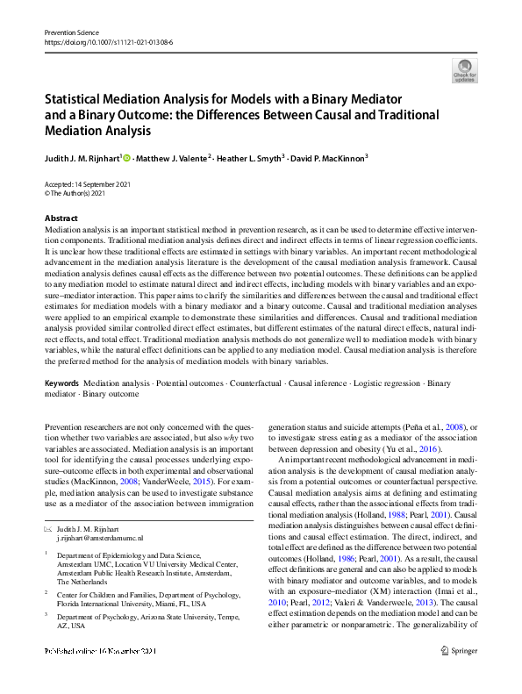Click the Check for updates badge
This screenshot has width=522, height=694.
[x=464, y=69]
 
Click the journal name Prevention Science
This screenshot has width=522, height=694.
[x=72, y=32]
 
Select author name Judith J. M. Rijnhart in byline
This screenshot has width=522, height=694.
[x=82, y=159]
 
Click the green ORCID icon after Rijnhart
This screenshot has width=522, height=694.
[x=126, y=158]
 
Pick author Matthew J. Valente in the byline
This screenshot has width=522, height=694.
[x=173, y=159]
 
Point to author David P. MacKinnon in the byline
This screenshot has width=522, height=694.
[x=330, y=159]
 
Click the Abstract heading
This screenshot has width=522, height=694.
[x=61, y=218]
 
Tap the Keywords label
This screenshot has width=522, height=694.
[x=61, y=384]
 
